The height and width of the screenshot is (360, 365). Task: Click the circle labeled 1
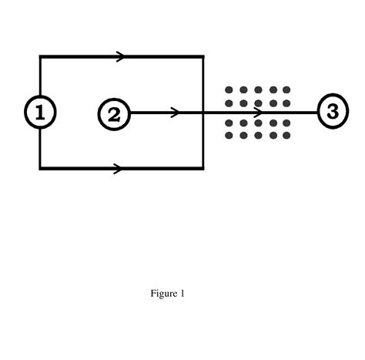40,113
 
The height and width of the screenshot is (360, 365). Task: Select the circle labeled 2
114,113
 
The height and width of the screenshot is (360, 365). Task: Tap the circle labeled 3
333,112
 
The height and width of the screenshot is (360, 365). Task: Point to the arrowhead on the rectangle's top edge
121,56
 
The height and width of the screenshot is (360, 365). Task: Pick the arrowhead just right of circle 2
175,113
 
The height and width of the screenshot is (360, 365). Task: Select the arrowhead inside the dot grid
258,113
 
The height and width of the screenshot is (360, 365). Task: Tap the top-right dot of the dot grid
286,90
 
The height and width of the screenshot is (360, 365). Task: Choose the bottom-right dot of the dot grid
286,136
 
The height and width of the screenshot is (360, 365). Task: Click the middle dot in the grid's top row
258,90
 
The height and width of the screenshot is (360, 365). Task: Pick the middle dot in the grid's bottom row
258,136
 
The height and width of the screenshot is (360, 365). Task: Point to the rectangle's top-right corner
203,56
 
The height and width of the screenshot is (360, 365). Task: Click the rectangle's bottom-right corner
203,167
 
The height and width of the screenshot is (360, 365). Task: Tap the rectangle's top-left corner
40,56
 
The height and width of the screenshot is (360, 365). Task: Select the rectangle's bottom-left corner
40,167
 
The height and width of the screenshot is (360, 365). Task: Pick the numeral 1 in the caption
182,294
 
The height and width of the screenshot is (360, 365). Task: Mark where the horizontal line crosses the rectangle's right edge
203,113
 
